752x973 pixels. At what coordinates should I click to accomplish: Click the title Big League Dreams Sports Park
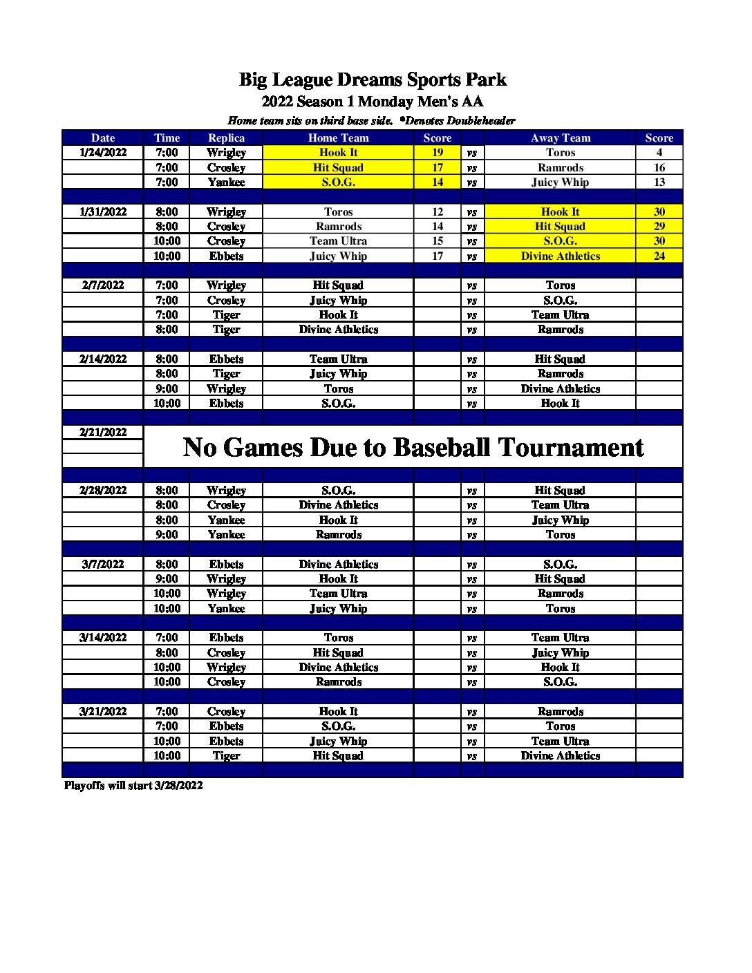[373, 80]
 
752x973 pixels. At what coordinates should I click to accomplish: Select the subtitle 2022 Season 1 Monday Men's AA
[373, 102]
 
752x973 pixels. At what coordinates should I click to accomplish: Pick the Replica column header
[226, 138]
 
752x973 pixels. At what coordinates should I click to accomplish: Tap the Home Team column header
[338, 138]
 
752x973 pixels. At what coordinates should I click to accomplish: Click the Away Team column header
[560, 138]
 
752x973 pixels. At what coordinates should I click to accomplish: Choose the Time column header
[167, 138]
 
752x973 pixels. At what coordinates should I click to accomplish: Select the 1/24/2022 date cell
[103, 153]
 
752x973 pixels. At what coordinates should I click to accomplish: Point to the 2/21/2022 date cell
[103, 433]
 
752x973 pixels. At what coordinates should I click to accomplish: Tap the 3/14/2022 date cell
[103, 638]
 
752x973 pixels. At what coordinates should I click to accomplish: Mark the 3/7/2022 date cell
[103, 565]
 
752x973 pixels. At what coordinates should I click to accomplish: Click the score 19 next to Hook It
[438, 153]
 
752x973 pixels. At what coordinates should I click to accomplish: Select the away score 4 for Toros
[659, 153]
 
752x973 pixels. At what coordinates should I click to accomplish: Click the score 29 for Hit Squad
[659, 227]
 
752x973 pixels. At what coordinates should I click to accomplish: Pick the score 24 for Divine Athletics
[659, 256]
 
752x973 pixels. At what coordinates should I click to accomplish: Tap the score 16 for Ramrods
[659, 168]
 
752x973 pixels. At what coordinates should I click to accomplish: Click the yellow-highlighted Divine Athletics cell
[560, 256]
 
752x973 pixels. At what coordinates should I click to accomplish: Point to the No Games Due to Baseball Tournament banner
[413, 447]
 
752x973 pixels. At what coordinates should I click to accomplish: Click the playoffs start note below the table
[133, 786]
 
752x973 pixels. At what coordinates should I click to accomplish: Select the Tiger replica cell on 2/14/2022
[226, 374]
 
